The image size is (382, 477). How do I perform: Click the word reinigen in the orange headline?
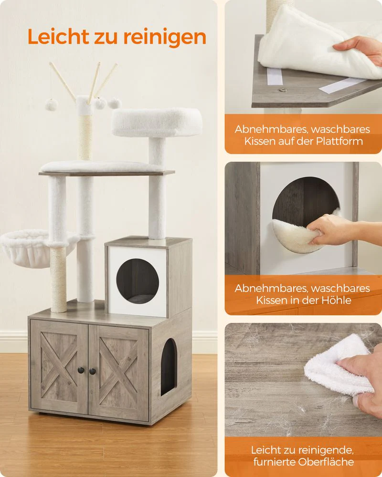pyautogui.click(x=165, y=37)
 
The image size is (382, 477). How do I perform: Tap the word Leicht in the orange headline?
pyautogui.click(x=58, y=37)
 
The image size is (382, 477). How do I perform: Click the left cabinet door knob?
pyautogui.click(x=81, y=370)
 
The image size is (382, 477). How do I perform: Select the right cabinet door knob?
pyautogui.click(x=92, y=371)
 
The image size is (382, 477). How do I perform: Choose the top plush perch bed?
pyautogui.click(x=157, y=122)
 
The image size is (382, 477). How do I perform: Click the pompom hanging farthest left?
pyautogui.click(x=52, y=104)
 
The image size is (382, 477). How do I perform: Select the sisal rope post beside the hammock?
pyautogui.click(x=58, y=280)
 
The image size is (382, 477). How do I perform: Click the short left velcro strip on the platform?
pyautogui.click(x=275, y=76)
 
